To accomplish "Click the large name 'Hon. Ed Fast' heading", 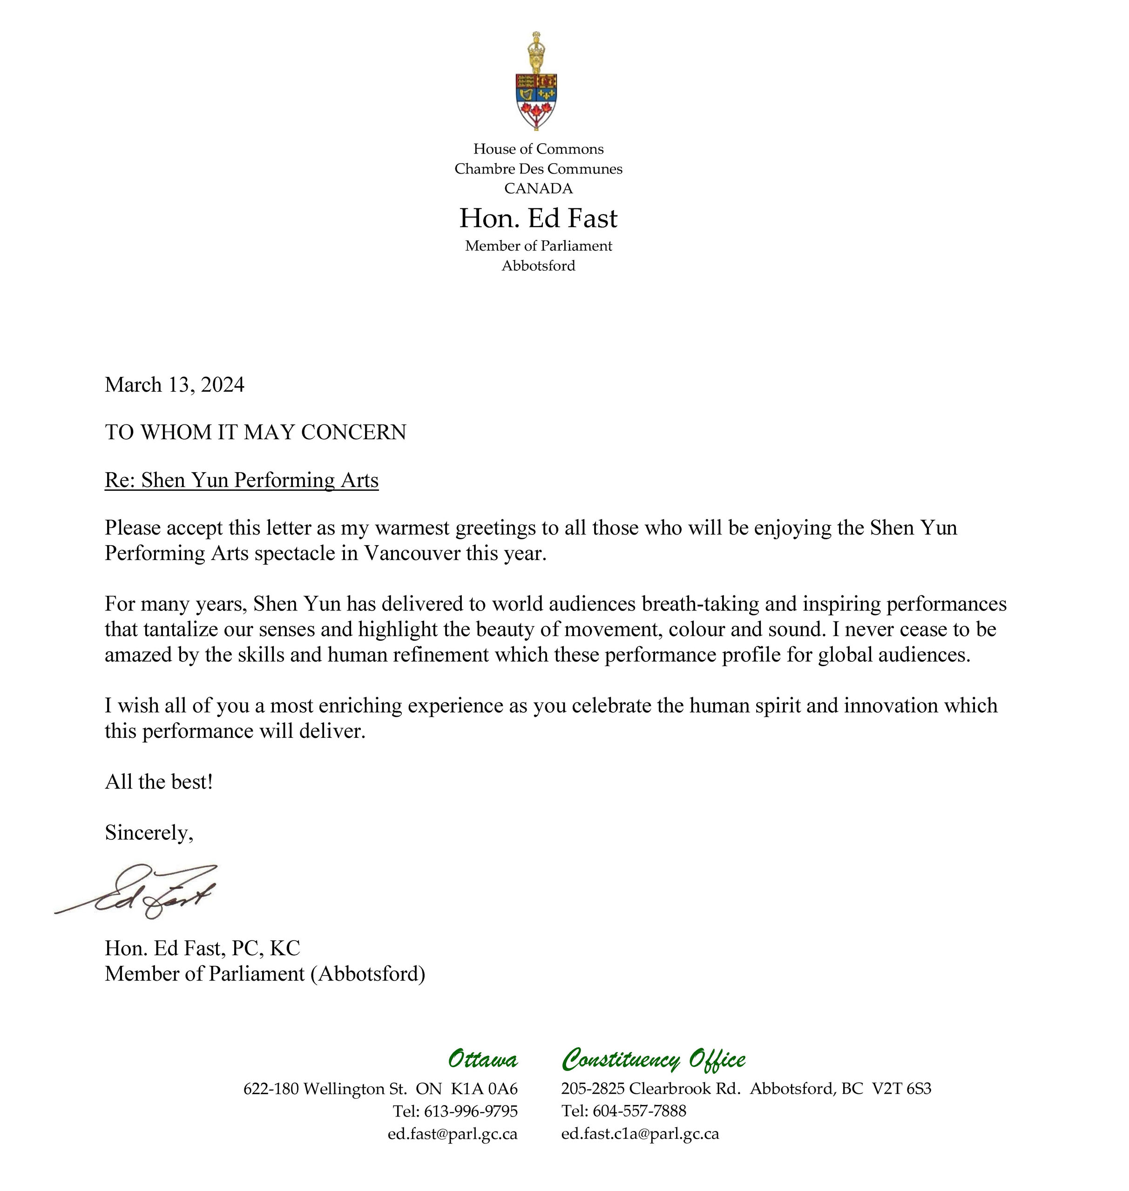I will coord(538,218).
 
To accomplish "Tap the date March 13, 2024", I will coord(175,385).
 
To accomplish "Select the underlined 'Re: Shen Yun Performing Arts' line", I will coord(241,480).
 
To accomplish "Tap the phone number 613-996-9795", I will coord(471,1111).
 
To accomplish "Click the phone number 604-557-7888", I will coord(639,1111).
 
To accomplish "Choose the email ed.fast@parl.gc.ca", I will coord(453,1134).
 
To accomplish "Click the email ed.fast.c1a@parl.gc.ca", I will coord(640,1134).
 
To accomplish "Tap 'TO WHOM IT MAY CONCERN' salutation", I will coord(255,433).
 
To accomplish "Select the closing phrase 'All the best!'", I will coord(159,782).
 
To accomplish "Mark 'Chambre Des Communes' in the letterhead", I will coord(538,169).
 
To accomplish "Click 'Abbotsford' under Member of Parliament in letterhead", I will coord(538,266).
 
